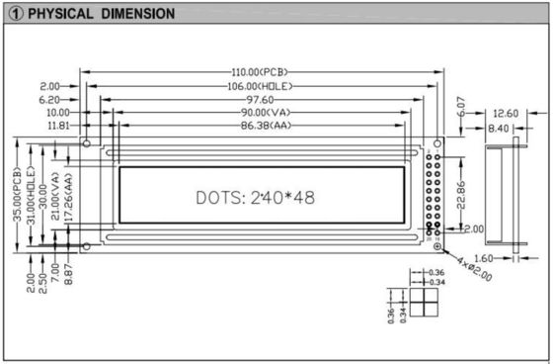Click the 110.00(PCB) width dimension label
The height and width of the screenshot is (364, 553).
[x=262, y=73]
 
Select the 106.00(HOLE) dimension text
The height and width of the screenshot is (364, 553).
[x=262, y=86]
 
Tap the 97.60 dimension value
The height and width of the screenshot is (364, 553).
[x=261, y=99]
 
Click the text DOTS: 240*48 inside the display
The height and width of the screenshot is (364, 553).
[x=256, y=197]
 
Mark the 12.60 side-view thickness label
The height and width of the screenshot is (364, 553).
[x=505, y=113]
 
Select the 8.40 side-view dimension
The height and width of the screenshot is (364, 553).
[x=500, y=127]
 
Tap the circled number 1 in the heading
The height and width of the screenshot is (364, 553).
[x=11, y=13]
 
